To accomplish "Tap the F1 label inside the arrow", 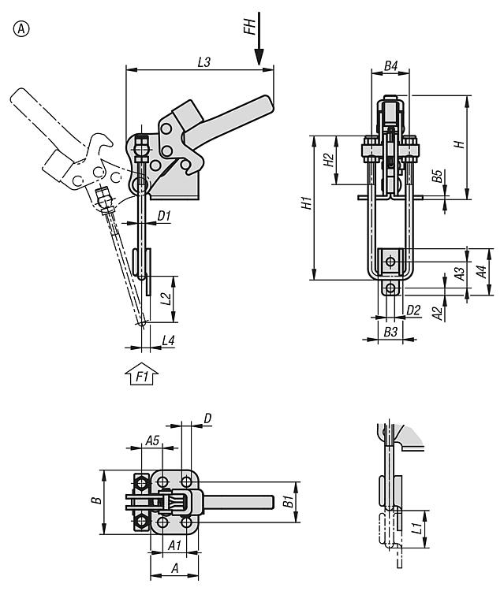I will point(143,377).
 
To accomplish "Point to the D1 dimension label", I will point(164,214).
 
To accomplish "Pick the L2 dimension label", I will point(165,299).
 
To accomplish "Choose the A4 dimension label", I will point(480,273).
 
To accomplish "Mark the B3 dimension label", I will point(390,333).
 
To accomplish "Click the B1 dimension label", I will point(289,502).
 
